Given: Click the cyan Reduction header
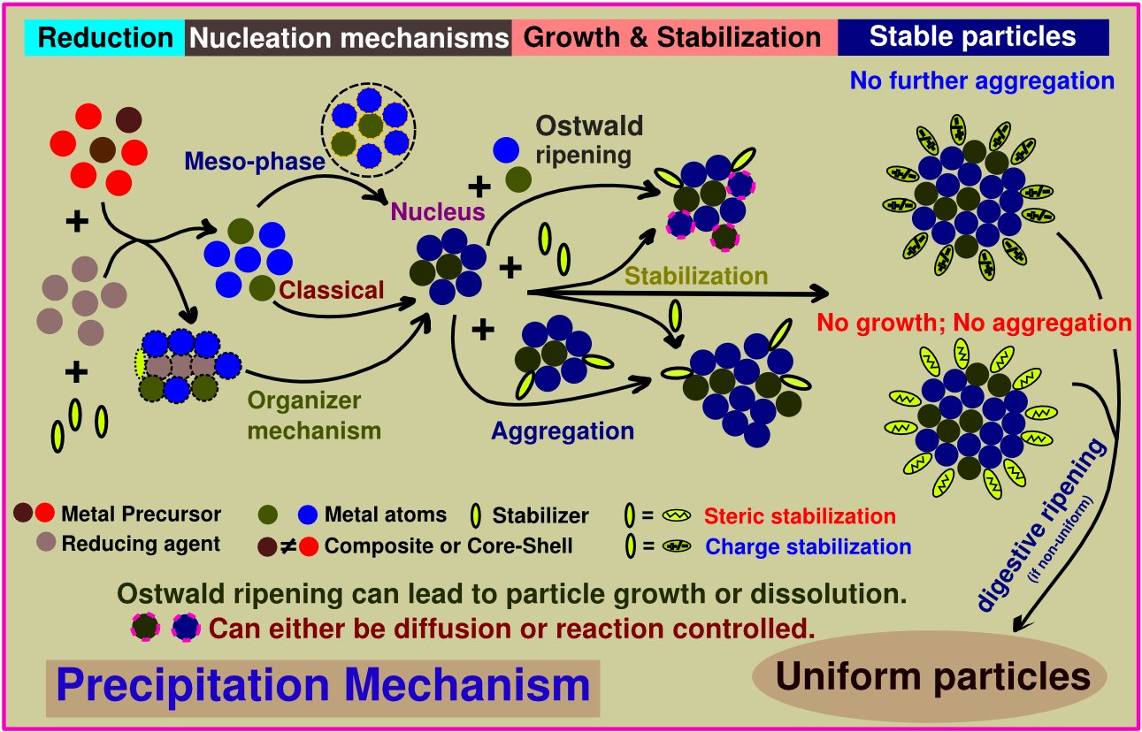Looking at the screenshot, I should [106, 38].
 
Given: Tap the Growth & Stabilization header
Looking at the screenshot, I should [673, 38].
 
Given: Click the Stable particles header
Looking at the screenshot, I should [972, 36].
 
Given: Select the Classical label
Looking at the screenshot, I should [333, 289].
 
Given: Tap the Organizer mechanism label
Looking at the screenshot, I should [314, 416].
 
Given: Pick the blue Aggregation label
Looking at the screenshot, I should [563, 431].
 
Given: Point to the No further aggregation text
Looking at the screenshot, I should [982, 80].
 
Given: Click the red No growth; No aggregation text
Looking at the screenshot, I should [974, 323].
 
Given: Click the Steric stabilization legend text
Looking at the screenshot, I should [801, 515].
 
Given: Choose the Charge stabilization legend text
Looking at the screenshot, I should [808, 545].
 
